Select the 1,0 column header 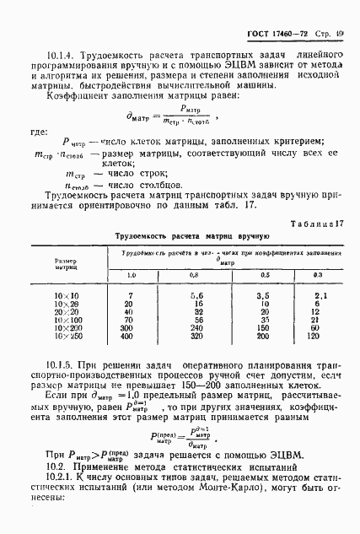click(132, 275)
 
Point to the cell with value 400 click(129, 337)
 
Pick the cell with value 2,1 click(319, 295)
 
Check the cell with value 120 click(318, 337)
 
